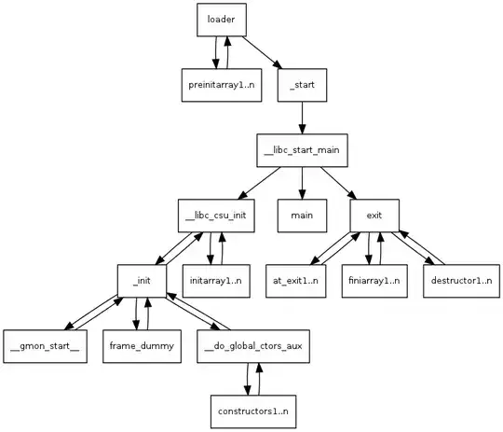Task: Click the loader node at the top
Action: [221, 20]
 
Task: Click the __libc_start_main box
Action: [302, 150]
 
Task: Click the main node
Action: [302, 216]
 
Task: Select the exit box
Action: [374, 216]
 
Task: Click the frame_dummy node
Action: [137, 346]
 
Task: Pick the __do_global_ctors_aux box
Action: [254, 346]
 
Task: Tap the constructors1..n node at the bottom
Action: [254, 411]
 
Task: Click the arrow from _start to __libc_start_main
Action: [302, 118]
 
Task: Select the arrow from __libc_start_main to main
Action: [302, 183]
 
